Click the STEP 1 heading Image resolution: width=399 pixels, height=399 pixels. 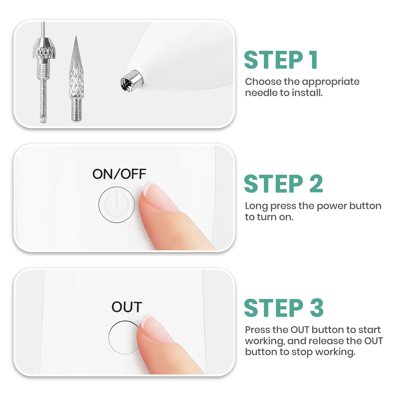(281, 60)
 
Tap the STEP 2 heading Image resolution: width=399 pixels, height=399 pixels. (283, 184)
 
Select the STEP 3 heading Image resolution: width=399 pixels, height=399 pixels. (284, 308)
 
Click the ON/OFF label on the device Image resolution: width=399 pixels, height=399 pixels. (119, 174)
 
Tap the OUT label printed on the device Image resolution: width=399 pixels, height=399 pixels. (127, 307)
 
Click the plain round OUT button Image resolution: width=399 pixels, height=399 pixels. (122, 337)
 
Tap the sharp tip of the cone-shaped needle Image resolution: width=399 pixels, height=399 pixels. (76, 39)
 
